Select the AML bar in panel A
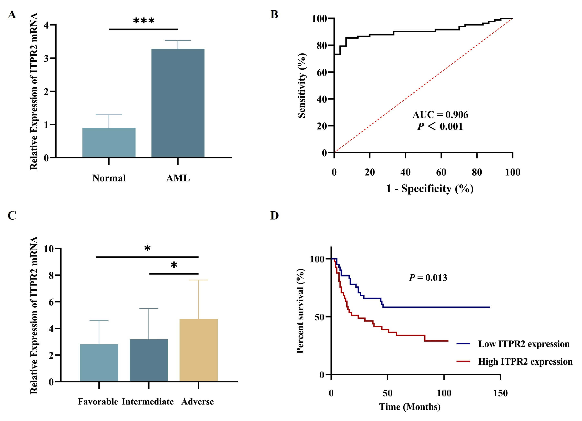178,103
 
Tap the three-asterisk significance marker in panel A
144,21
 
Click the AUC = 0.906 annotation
440,115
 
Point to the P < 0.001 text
440,126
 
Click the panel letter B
274,15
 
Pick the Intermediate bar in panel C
149,360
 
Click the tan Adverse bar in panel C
198,350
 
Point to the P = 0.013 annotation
428,278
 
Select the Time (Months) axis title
410,407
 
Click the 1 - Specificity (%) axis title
430,189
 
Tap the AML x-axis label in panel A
178,178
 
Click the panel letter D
274,216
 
